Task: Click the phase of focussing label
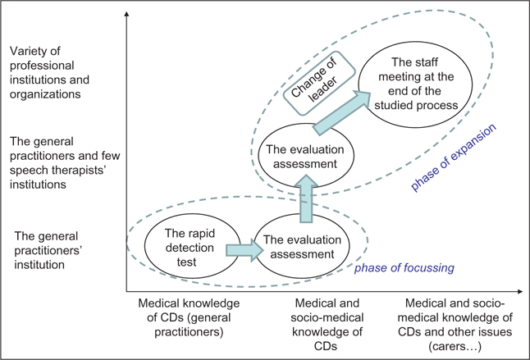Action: [x=402, y=267]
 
